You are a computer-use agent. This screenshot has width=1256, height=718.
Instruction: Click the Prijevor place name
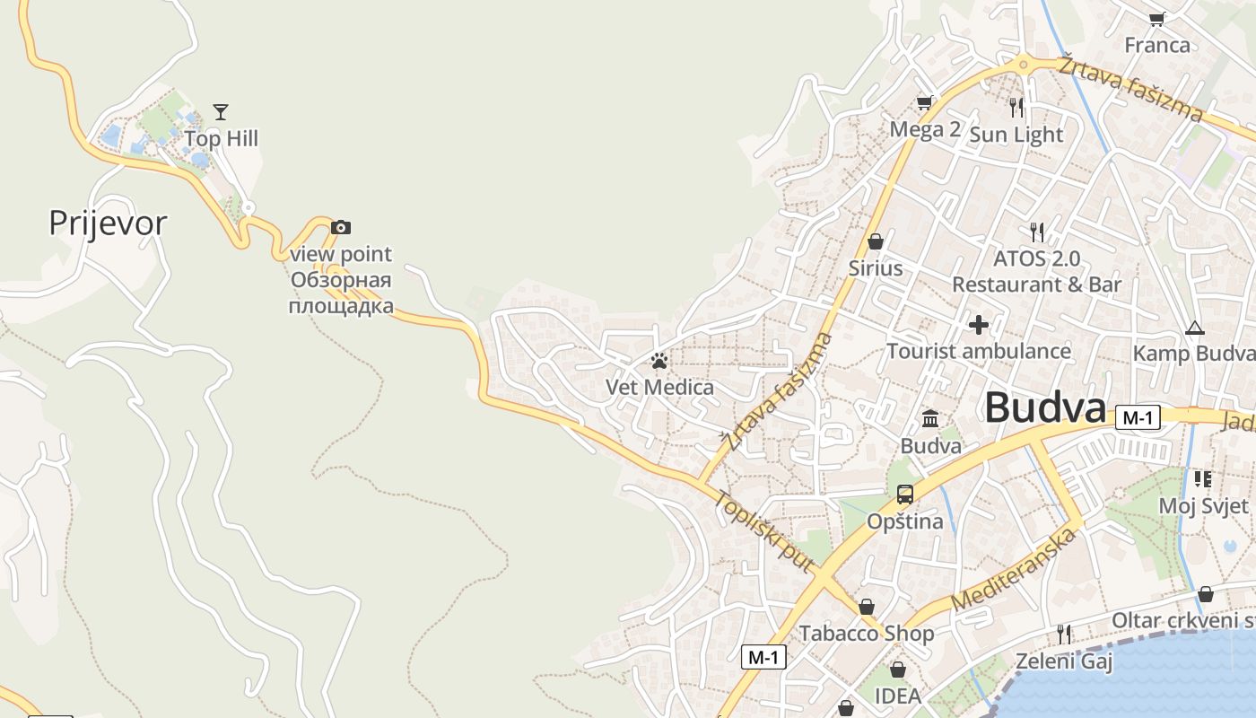tap(108, 223)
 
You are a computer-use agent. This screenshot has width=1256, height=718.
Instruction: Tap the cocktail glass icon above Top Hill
tap(221, 112)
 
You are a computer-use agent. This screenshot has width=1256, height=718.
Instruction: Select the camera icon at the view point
tap(341, 228)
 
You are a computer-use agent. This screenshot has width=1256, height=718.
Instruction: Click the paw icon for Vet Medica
tap(660, 362)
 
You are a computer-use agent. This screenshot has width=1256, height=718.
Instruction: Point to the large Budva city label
tap(1044, 408)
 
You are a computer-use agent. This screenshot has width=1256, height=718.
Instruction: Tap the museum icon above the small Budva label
tap(930, 419)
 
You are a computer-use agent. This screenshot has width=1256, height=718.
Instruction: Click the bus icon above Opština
tap(905, 494)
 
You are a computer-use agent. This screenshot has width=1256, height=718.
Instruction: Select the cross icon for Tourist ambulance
tap(979, 324)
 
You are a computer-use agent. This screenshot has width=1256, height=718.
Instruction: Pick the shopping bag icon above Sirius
tap(876, 241)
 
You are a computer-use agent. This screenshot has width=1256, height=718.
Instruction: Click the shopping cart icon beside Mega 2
tap(924, 103)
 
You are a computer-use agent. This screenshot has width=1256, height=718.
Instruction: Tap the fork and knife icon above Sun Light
tap(1016, 108)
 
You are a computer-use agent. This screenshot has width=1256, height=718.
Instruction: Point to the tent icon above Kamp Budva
tap(1194, 328)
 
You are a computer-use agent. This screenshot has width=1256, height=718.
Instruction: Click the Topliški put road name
tap(763, 531)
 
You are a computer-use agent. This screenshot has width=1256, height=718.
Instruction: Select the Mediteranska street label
tap(1013, 571)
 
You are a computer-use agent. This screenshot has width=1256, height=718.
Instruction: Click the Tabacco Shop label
tap(867, 634)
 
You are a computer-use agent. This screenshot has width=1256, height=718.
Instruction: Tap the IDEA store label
tap(898, 696)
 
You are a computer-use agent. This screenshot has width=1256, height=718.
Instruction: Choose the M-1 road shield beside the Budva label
tap(1138, 417)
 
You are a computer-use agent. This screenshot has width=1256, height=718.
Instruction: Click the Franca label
tap(1157, 45)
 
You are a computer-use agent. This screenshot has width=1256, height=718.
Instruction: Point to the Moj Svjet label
tap(1203, 505)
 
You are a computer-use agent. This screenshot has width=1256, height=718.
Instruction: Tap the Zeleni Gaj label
tap(1064, 662)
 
